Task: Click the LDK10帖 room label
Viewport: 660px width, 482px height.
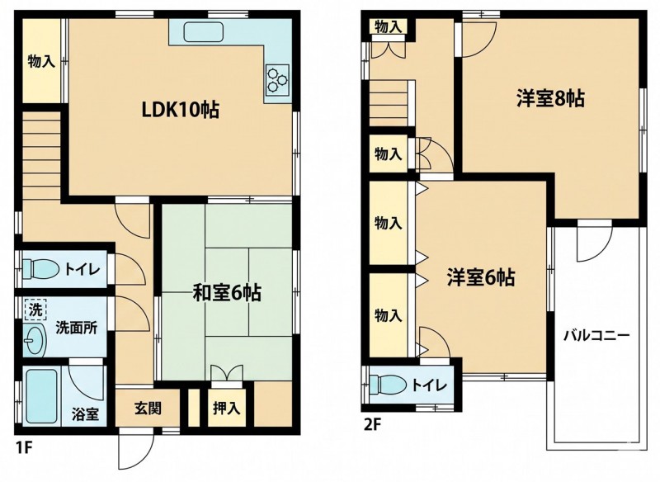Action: point(180,111)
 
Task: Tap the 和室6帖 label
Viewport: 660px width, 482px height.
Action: point(227,292)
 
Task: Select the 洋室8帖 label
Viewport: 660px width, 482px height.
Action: point(550,99)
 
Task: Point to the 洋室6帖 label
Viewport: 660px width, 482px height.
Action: point(481,278)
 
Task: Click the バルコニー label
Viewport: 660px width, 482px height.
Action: point(596,336)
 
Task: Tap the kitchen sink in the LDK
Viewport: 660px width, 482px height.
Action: point(203,31)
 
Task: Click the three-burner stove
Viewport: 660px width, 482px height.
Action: point(277,79)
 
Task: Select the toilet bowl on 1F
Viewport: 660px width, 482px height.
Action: point(40,268)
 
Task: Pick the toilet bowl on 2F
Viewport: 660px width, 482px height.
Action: point(387,385)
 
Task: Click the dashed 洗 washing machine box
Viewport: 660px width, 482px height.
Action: point(35,310)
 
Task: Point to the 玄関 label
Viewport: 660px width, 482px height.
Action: point(148,408)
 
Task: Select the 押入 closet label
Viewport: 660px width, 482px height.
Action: point(226,408)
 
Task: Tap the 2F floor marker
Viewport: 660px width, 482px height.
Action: point(372,424)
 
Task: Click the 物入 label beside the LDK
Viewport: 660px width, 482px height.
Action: point(41,62)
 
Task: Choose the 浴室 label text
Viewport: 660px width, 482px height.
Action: point(85,414)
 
